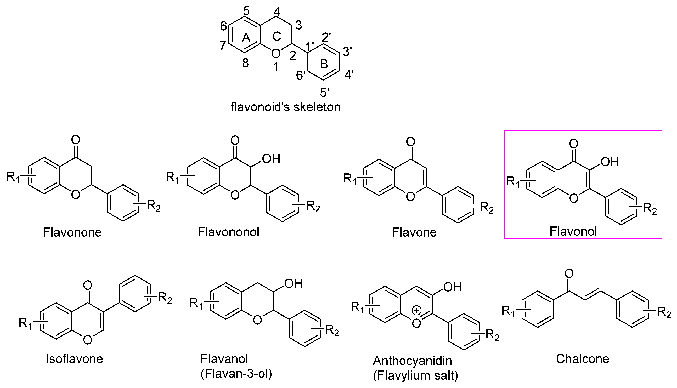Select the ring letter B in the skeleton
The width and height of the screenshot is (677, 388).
324,64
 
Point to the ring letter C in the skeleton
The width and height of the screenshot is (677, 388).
277,36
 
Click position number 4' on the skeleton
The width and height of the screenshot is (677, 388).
349,75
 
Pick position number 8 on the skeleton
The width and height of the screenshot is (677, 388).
245,63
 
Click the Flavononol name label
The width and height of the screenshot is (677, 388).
228,232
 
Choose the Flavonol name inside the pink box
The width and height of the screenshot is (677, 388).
573,231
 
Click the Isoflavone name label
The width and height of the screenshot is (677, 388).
74,359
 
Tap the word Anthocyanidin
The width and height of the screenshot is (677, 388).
412,361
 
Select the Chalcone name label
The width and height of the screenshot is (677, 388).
583,359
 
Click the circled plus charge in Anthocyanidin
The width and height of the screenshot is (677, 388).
416,310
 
